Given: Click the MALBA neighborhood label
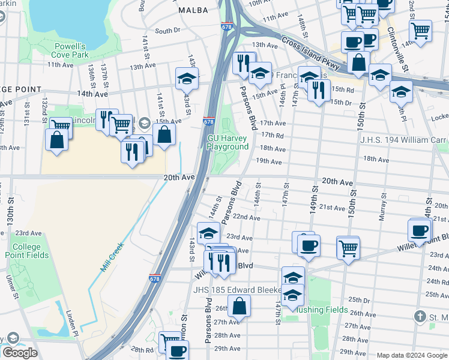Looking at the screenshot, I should (x=193, y=10).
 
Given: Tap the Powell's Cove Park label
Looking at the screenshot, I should (x=70, y=50).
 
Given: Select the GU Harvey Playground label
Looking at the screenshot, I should (x=228, y=142).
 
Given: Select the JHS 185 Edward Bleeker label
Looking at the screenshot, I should (x=237, y=290).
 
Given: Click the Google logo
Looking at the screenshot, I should (x=19, y=353).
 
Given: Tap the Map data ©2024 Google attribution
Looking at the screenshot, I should (x=412, y=355).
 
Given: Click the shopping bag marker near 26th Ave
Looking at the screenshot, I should (x=239, y=305).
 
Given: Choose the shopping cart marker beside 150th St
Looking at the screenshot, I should (x=348, y=247).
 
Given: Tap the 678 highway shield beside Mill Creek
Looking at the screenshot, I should (x=154, y=278).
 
